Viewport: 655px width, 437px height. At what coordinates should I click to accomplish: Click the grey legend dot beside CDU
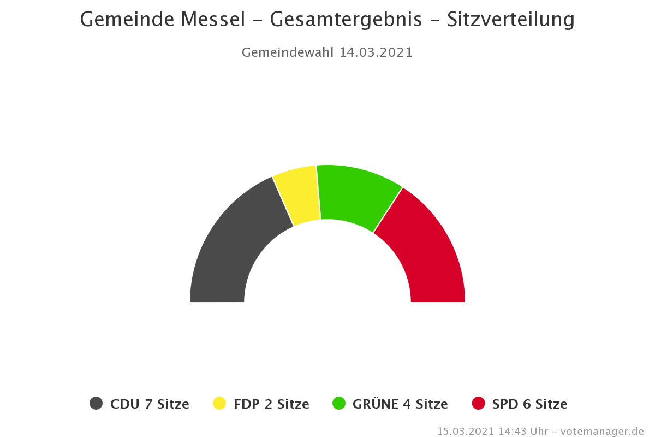(96, 404)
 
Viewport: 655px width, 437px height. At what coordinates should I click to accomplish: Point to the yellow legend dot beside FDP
(219, 404)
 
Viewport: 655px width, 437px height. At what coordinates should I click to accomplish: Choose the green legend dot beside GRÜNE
(339, 404)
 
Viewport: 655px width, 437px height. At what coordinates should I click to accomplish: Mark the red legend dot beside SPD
(478, 404)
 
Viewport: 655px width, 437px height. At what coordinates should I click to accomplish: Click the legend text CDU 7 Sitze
(150, 404)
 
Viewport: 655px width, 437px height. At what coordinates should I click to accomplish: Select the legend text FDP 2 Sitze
(271, 404)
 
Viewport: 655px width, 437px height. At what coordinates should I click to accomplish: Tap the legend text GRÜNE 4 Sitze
(400, 404)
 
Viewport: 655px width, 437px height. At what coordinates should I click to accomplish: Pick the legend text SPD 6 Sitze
(529, 404)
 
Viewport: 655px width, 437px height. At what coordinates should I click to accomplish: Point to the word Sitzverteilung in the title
(511, 20)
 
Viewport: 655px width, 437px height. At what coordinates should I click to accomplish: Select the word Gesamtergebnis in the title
(346, 20)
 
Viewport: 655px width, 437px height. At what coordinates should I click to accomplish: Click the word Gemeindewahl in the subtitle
(287, 52)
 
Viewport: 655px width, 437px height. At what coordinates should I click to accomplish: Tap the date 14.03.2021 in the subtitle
(376, 52)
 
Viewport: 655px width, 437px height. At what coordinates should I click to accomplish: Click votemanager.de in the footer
(603, 432)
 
